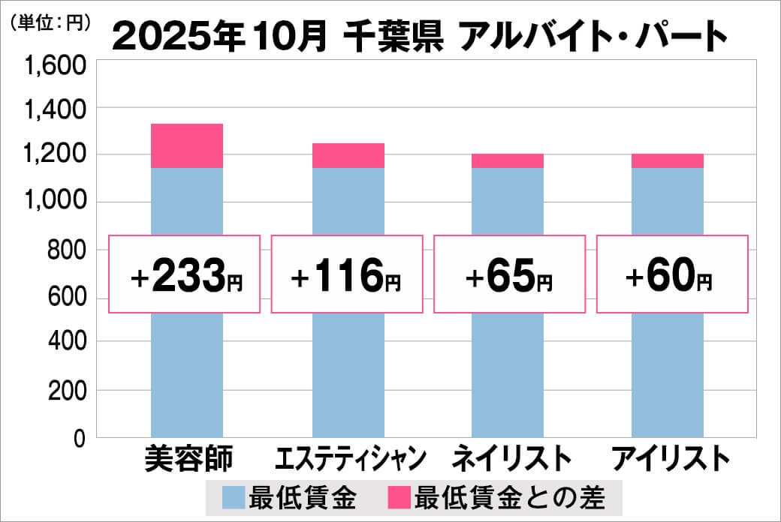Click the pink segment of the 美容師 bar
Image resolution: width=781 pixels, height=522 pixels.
coord(187,145)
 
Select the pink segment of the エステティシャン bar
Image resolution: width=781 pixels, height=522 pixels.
coord(348,155)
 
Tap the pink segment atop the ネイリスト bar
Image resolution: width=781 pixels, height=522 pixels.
coord(508,160)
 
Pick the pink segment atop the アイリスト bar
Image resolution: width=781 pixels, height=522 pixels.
coord(668,160)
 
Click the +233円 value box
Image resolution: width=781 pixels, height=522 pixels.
coord(185,274)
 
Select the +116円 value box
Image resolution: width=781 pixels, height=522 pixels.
coord(346,274)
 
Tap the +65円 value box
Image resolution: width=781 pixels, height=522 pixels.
coord(509,274)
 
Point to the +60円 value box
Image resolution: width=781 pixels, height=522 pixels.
coord(671,274)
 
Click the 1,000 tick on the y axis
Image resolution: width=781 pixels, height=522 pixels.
coord(56,202)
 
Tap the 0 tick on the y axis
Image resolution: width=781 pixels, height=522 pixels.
coord(79,438)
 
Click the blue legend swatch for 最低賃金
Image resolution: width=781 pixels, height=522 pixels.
coord(233,496)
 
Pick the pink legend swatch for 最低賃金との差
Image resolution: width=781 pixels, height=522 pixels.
coord(400,496)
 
